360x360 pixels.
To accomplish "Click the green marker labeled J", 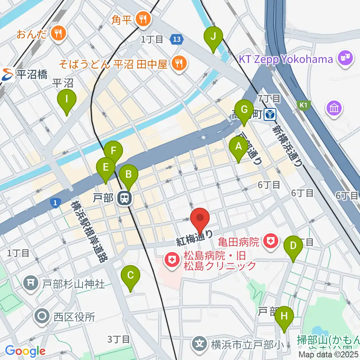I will (213, 36).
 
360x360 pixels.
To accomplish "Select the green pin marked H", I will (284, 316).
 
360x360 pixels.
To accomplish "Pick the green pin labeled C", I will (130, 276).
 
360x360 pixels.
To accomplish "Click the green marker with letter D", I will (294, 246).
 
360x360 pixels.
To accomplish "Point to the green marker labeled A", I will (238, 147).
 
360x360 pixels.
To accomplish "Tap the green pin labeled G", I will (244, 110).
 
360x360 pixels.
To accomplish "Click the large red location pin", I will (200, 219).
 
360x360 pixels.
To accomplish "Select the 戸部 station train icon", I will (124, 198).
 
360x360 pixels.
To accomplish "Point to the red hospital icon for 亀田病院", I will (269, 241).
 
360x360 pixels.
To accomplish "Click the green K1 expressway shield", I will (303, 105).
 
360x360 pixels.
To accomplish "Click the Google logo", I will (25, 351).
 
